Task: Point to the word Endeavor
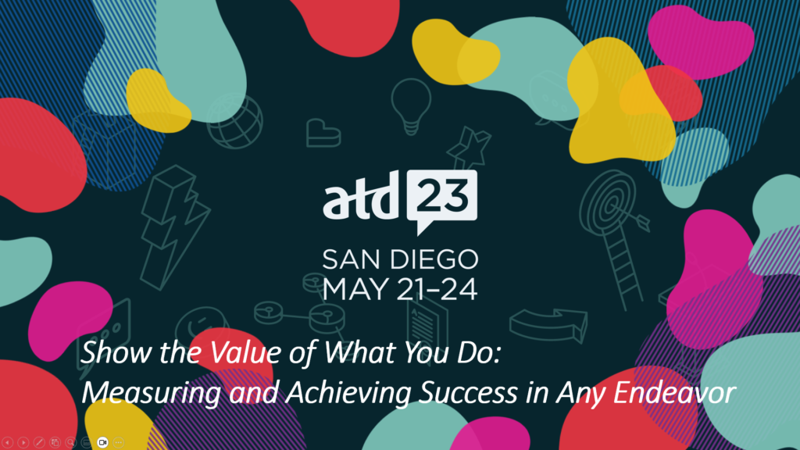click(x=674, y=393)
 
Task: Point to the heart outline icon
click(x=323, y=134)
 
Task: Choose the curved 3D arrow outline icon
click(x=548, y=325)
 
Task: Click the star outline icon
click(x=469, y=147)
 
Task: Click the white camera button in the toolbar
click(x=102, y=442)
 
